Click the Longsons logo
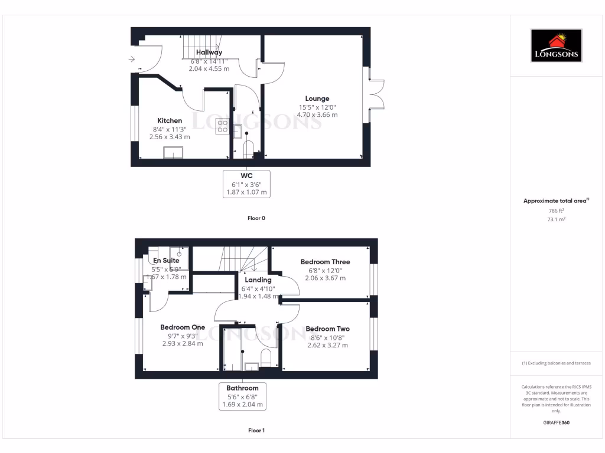(x=556, y=46)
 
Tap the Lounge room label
(x=317, y=99)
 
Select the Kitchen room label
(x=170, y=120)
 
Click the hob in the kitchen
(x=223, y=126)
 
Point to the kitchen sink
(x=174, y=153)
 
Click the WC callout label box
(x=246, y=184)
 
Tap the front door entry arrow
(x=131, y=58)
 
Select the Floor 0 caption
(x=256, y=218)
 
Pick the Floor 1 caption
(x=256, y=431)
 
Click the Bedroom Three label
(x=325, y=262)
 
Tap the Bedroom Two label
(x=327, y=329)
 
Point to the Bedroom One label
(x=183, y=327)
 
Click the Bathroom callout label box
(x=242, y=396)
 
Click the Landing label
(x=258, y=280)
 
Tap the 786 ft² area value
(x=557, y=211)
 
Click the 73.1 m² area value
(x=557, y=219)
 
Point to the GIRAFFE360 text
(x=557, y=422)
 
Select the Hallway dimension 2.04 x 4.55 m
(x=209, y=68)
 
